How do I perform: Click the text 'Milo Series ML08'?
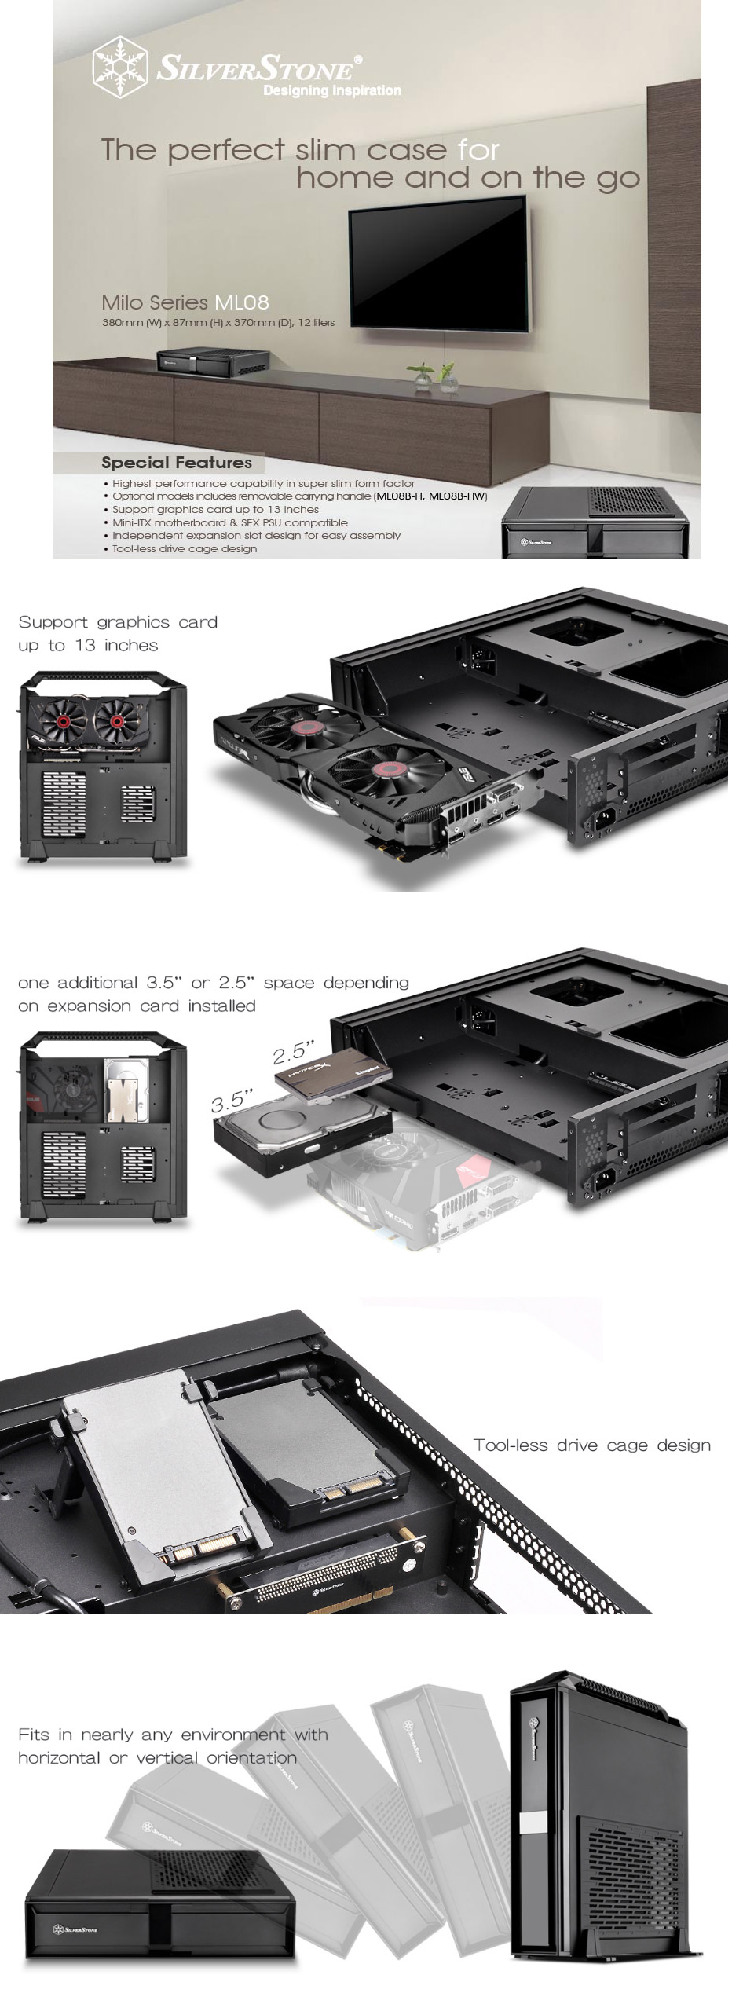tap(185, 302)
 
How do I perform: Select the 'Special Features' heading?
tap(177, 463)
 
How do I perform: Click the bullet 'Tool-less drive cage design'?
tap(185, 548)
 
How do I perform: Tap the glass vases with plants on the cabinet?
tap(437, 376)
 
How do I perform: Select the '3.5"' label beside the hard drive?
tap(232, 1100)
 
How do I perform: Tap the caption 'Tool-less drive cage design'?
tap(591, 1445)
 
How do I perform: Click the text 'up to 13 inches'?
tap(88, 646)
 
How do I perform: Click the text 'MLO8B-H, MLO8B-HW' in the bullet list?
tap(430, 496)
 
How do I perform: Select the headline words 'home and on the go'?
tap(468, 178)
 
